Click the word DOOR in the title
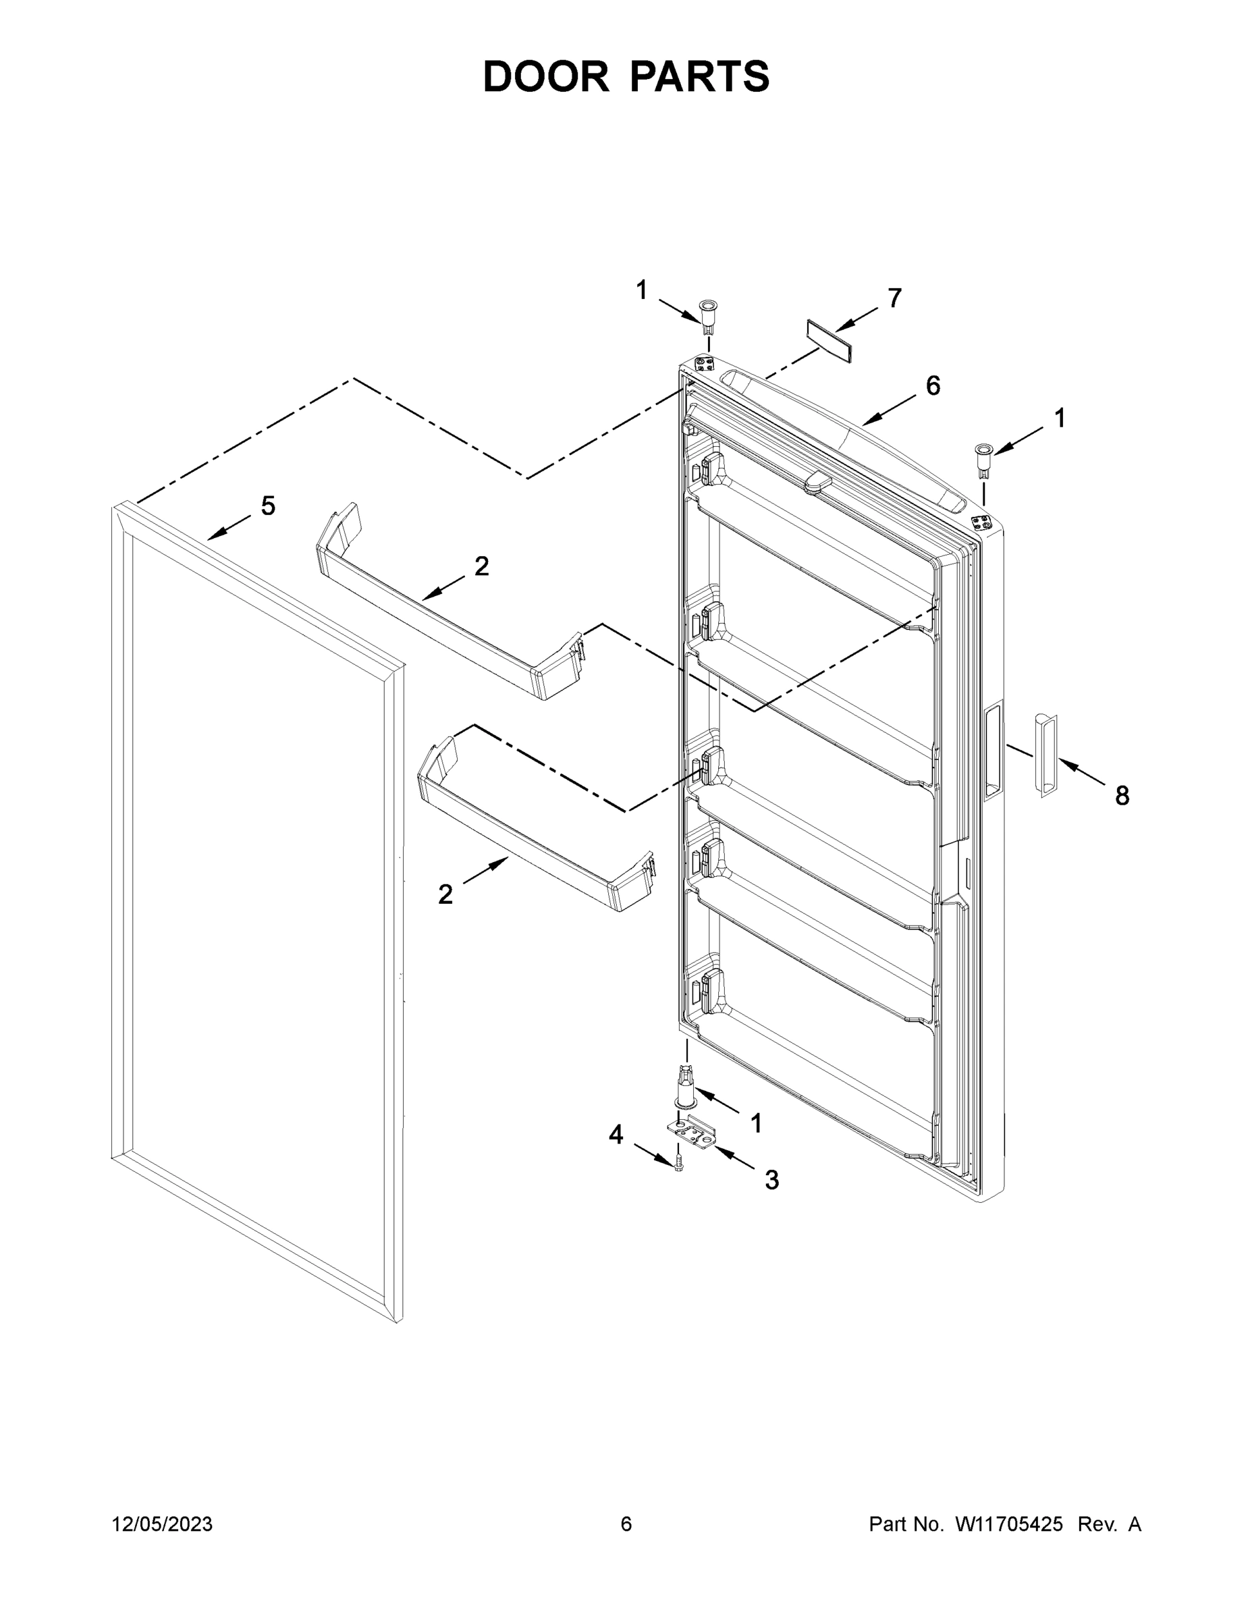[546, 76]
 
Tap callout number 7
[894, 298]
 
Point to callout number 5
[268, 507]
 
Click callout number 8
[1122, 796]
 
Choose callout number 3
[772, 1180]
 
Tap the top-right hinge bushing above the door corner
[984, 456]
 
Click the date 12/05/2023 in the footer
[162, 1524]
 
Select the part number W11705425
[1009, 1524]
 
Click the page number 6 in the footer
[626, 1524]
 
